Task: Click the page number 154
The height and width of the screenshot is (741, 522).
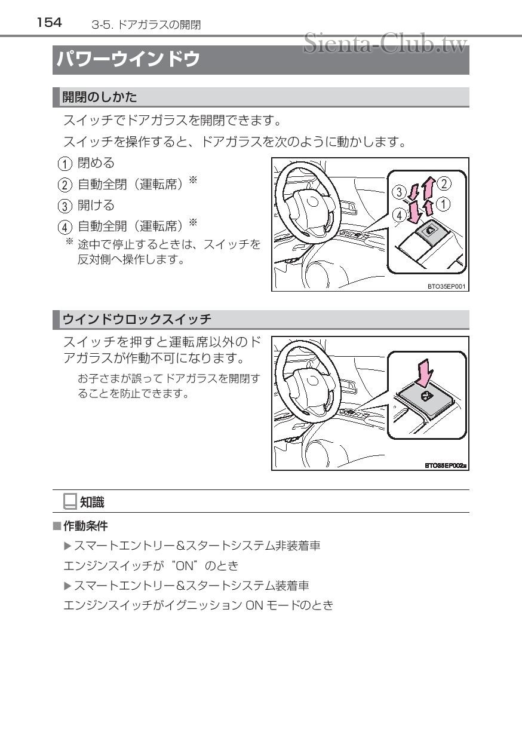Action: point(48,23)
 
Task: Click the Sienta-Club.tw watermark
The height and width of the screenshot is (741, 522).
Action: point(385,42)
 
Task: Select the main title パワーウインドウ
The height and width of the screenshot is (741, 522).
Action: point(128,60)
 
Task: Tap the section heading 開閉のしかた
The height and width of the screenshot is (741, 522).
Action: point(99,97)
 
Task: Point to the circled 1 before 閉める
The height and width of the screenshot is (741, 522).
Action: point(64,163)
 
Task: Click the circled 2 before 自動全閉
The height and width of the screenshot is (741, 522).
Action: point(64,185)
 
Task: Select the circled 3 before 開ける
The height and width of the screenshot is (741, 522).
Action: point(64,206)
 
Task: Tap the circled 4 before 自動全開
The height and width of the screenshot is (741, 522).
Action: point(64,228)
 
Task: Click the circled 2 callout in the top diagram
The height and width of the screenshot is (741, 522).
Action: point(443,183)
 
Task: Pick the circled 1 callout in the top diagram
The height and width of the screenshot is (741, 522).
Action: point(444,204)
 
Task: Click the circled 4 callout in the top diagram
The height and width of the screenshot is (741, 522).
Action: point(398,213)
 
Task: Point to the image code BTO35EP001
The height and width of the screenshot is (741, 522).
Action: point(446,286)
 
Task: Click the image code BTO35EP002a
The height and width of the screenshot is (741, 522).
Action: point(445,464)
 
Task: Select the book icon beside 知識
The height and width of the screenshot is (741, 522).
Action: point(70,502)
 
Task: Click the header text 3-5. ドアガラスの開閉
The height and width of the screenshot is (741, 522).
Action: point(146,25)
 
